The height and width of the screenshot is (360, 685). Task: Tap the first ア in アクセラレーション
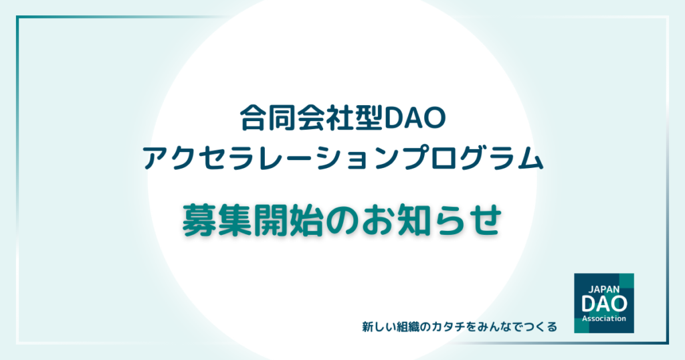tap(156, 158)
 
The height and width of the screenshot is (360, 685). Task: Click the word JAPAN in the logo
tap(604, 289)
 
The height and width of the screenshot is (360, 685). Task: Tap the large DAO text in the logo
tap(604, 304)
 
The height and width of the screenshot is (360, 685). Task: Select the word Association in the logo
tap(604, 319)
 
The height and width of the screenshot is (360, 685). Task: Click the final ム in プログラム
tap(530, 158)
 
